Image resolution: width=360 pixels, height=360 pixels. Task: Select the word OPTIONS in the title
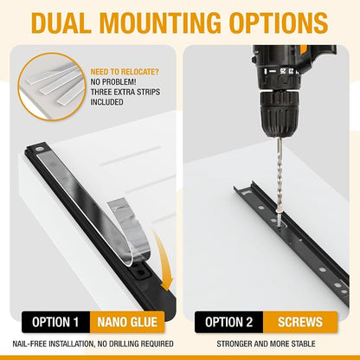[280, 22]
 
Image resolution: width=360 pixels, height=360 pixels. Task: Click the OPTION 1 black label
[55, 322]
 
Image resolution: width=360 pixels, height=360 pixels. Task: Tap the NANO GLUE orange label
[127, 322]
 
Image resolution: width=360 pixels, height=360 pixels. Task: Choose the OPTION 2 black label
[228, 322]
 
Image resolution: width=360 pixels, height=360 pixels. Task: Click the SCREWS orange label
[300, 322]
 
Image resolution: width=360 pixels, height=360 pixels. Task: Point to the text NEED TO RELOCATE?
[125, 72]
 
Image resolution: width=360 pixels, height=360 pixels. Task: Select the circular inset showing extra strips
[52, 87]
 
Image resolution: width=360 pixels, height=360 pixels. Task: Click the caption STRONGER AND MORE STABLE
[266, 344]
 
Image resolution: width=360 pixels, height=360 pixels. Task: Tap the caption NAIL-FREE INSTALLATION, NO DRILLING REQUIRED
[93, 344]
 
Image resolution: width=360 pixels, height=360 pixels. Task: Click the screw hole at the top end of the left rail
[38, 150]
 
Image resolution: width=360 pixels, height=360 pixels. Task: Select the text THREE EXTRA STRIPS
[125, 92]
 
